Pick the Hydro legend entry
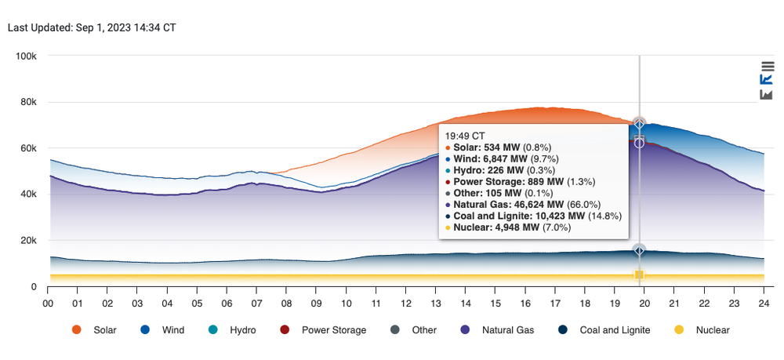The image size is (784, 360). [233, 330]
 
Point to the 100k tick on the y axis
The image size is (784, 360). [27, 56]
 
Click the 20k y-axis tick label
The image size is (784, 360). [29, 241]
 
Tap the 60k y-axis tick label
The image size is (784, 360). [29, 148]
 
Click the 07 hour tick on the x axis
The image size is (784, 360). [257, 304]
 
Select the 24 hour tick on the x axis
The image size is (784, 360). [764, 304]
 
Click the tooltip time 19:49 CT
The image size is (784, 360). [465, 135]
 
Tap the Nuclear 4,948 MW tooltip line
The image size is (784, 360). [508, 227]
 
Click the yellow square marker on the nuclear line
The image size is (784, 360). [639, 275]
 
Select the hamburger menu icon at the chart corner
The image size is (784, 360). [767, 67]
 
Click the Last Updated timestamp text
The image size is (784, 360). [92, 27]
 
